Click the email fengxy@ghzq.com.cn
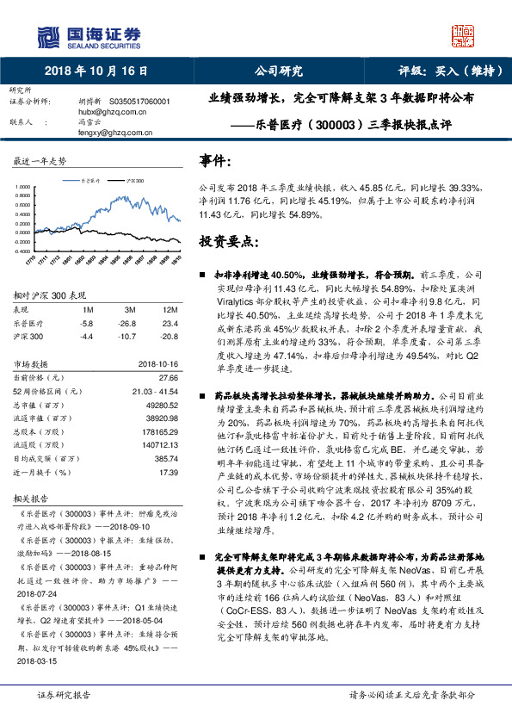coord(114,133)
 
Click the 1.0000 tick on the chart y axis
coord(23,186)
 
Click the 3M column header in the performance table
coord(131,309)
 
